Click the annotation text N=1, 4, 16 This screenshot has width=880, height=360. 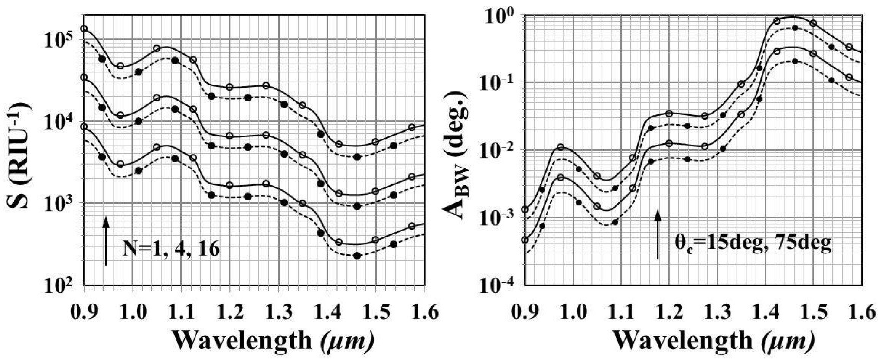[171, 249]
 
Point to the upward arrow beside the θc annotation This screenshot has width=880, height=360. [657, 234]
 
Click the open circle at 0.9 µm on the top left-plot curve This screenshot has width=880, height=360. [84, 29]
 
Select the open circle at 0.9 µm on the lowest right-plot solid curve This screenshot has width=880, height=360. [525, 240]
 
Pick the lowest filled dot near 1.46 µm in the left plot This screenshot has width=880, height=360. [357, 256]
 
